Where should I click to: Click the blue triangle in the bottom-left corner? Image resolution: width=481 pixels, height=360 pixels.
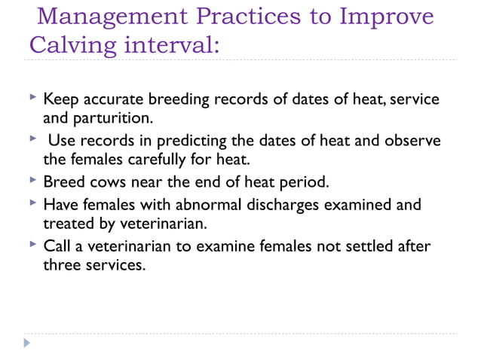[x=27, y=343]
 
